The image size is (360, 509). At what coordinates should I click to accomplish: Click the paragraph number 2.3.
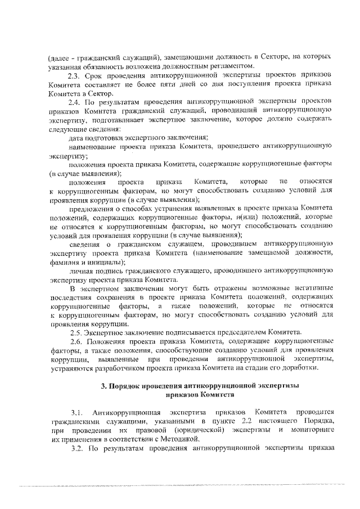click(x=74, y=75)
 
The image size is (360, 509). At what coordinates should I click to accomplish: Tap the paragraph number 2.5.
click(x=74, y=332)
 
